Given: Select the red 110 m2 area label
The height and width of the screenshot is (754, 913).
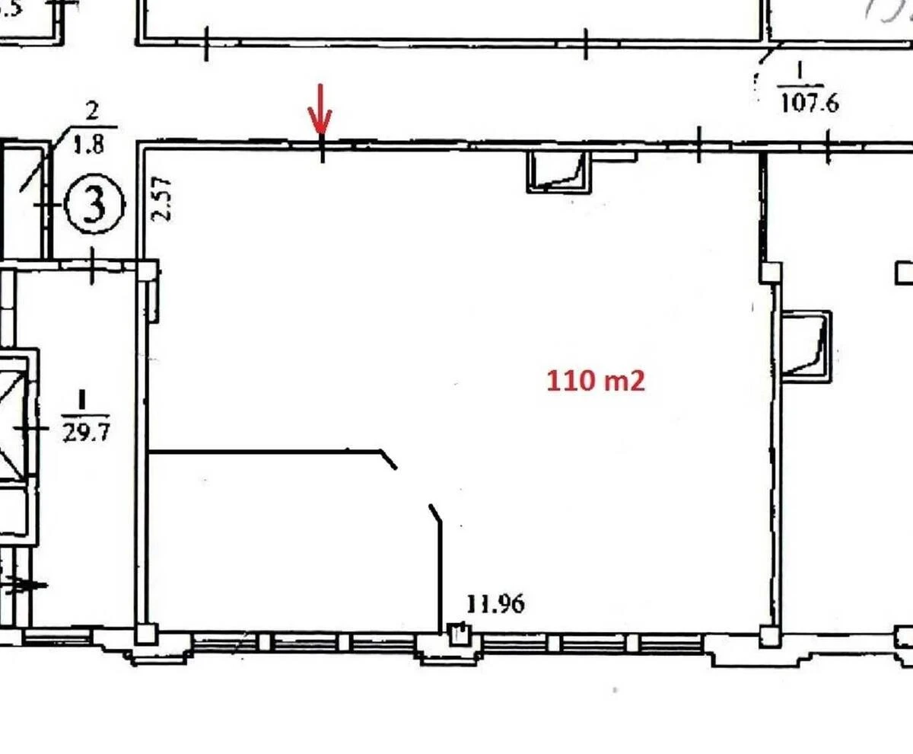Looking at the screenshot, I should tap(596, 380).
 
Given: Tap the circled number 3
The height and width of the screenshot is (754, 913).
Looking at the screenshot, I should tap(94, 206).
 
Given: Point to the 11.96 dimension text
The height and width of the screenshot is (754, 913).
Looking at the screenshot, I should tap(495, 605).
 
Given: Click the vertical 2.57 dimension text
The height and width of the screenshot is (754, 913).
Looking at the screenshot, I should tap(161, 199).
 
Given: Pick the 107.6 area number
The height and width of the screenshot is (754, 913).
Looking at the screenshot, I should tap(810, 103).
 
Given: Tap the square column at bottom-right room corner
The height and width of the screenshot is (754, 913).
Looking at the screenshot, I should tap(769, 634).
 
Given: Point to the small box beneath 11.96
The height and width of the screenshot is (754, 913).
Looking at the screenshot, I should tap(459, 634).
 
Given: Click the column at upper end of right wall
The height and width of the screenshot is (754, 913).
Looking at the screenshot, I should tap(771, 272).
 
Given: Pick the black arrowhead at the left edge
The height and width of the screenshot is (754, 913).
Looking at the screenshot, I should tap(34, 585).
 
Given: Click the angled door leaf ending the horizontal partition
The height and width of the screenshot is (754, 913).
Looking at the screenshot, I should tap(388, 460).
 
